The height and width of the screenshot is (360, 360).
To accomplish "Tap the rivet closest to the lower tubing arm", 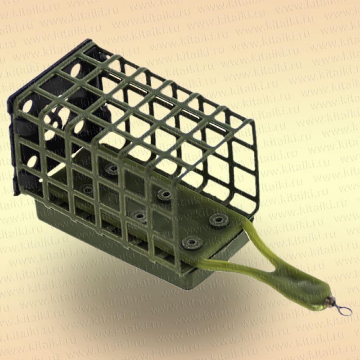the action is (192, 243).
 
